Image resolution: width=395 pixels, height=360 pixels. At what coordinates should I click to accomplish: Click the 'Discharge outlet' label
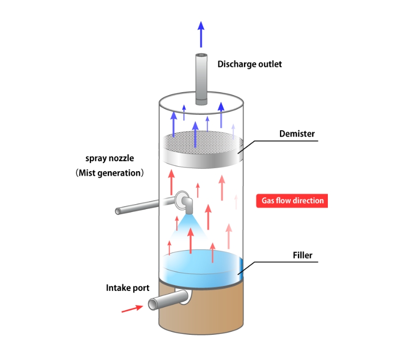tap(250, 64)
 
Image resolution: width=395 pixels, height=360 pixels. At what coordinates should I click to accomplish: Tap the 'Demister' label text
tap(297, 134)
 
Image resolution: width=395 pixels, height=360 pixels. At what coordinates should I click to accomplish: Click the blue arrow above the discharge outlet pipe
tap(201, 35)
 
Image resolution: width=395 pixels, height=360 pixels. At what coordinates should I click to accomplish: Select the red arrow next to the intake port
tap(130, 309)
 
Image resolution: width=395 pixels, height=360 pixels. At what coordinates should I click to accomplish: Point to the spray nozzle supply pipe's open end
tap(118, 211)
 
